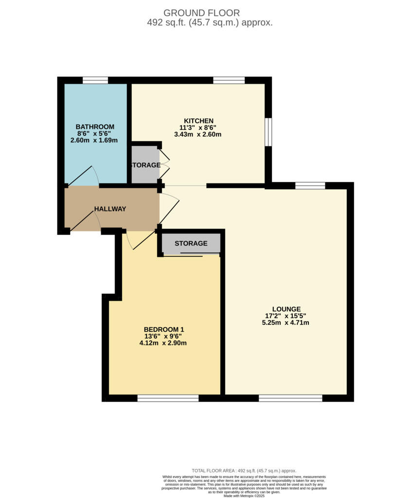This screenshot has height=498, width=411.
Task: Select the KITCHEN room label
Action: (x=198, y=121)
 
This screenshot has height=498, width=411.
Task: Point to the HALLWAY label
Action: (x=110, y=209)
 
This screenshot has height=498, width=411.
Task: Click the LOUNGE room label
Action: (x=286, y=309)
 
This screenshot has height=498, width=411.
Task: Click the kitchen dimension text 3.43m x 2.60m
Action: (x=198, y=134)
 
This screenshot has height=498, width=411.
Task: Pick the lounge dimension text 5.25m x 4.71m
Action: (x=286, y=322)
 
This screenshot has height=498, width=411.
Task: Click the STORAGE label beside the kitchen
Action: (x=145, y=165)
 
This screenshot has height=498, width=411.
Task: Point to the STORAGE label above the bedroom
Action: (x=191, y=243)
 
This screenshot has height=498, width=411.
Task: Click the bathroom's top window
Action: (x=95, y=80)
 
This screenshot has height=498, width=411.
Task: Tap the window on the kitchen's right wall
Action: (x=268, y=131)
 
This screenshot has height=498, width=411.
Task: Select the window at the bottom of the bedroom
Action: (x=168, y=398)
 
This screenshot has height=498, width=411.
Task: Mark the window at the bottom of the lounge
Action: (x=290, y=398)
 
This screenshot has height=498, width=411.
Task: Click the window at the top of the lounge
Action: (x=310, y=185)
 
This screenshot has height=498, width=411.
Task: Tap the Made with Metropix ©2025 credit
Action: (x=244, y=496)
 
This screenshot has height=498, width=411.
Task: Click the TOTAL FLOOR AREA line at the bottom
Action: (x=244, y=471)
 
